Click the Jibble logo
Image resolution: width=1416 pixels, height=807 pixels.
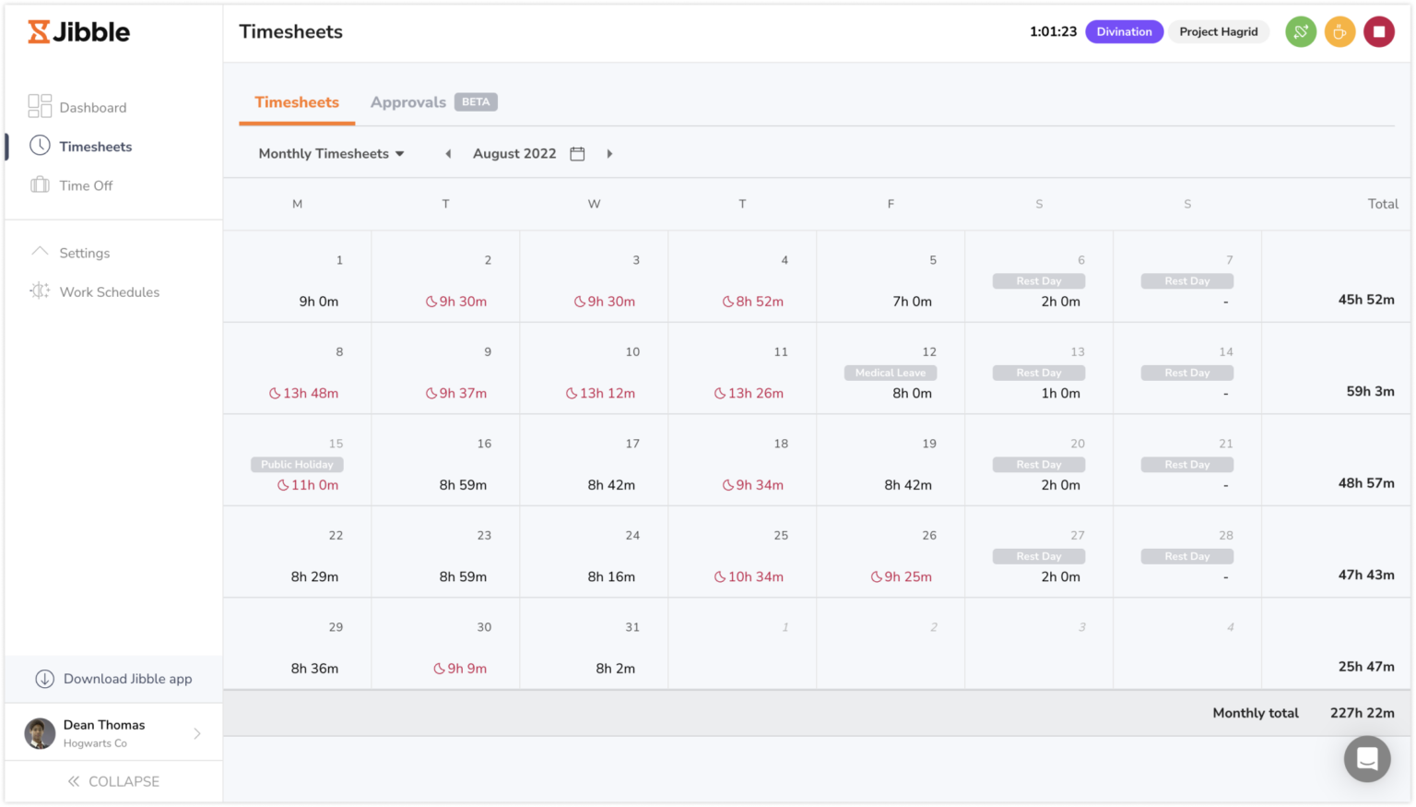79,32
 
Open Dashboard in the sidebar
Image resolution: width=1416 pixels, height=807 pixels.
92,108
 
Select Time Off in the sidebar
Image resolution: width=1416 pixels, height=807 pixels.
86,185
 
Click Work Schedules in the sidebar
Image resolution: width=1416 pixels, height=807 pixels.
109,292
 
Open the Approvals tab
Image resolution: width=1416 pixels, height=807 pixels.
408,102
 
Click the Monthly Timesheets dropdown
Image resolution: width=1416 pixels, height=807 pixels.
331,154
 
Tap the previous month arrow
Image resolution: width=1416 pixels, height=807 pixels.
448,154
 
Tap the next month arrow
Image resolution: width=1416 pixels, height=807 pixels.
609,154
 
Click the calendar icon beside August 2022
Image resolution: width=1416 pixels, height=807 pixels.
577,154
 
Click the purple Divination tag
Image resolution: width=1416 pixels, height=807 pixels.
1124,32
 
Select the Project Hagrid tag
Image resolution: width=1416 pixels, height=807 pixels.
1218,32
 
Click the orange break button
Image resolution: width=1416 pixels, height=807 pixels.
1339,32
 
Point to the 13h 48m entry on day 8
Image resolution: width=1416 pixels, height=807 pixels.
304,394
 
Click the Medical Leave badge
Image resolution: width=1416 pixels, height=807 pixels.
891,373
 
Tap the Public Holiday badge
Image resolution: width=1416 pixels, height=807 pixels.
297,465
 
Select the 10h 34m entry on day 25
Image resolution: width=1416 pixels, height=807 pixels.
749,577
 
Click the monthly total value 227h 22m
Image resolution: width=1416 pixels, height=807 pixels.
1362,713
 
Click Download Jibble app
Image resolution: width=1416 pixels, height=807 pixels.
127,679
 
